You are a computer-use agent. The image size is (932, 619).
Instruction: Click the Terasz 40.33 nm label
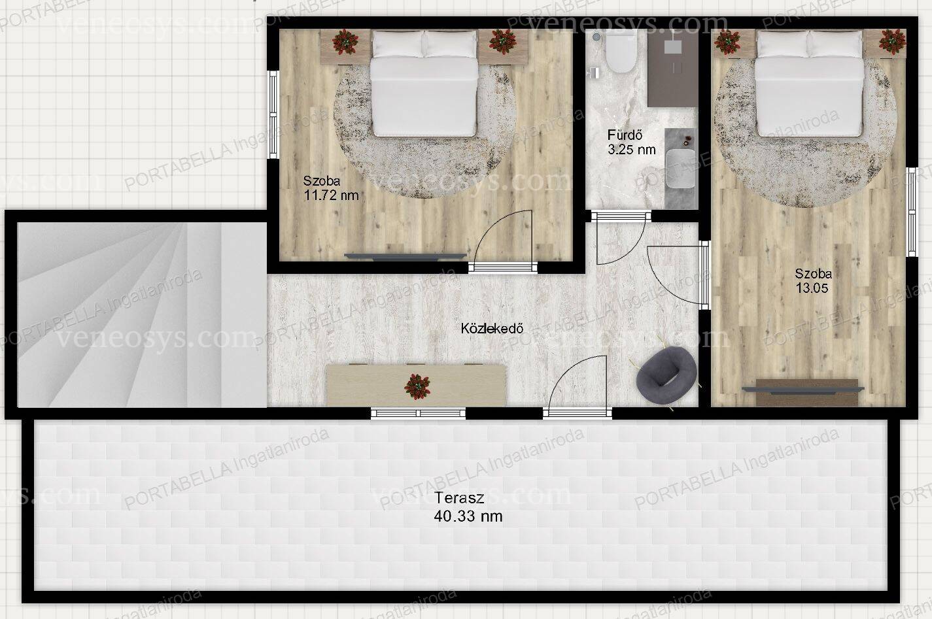point(468,507)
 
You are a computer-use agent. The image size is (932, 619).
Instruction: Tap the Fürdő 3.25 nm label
point(631,142)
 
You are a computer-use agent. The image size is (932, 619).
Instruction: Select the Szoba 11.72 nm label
point(331,188)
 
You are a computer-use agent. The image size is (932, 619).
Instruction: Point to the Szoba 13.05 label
point(813,280)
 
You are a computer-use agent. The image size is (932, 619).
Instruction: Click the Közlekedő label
point(492,328)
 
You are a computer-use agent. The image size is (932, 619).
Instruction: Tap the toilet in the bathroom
point(621,52)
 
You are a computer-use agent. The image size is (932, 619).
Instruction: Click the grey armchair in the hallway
point(666,376)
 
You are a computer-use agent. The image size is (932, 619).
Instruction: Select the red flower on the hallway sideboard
point(417,386)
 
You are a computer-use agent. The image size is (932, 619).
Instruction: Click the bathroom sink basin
point(681,169)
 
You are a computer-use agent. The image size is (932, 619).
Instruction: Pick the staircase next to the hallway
point(142,314)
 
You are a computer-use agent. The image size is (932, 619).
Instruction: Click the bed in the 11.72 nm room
point(424,83)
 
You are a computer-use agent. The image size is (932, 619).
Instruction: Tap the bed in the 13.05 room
point(809,83)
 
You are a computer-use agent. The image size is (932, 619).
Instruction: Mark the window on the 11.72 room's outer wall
point(273,114)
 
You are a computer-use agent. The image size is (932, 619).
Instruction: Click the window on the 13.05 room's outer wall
point(912,212)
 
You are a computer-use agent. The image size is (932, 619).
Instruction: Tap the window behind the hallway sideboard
point(418,413)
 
